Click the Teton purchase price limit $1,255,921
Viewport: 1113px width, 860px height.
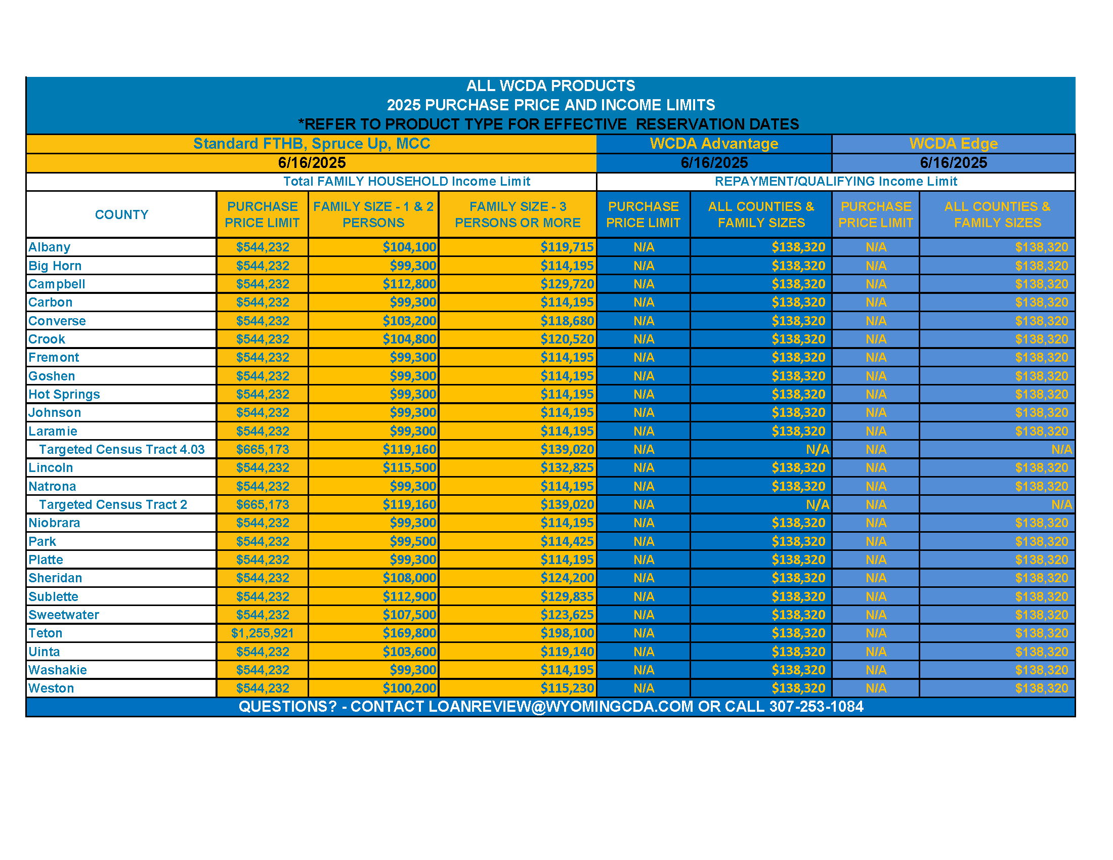[262, 633]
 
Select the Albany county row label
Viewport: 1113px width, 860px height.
[50, 247]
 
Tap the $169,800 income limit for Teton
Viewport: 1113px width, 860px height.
[409, 633]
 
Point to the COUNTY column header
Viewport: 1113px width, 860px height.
[121, 214]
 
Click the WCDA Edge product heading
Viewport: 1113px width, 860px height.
[953, 144]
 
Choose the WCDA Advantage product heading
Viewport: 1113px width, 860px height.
[713, 144]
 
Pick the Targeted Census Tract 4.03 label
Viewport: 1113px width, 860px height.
[122, 449]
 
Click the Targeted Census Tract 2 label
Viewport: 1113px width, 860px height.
[113, 504]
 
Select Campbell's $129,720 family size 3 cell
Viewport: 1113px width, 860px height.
[567, 284]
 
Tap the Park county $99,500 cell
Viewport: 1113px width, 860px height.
[413, 541]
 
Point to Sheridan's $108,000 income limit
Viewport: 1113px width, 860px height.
[409, 578]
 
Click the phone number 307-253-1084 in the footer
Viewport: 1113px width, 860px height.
[816, 707]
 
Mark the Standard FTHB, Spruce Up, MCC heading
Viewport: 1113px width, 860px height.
[311, 144]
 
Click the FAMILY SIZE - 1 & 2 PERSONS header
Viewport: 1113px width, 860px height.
[373, 214]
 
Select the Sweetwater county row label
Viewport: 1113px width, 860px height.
[64, 615]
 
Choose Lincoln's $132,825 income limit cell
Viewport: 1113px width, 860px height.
[567, 468]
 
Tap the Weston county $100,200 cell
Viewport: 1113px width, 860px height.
[409, 689]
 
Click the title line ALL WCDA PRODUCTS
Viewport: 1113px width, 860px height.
[550, 85]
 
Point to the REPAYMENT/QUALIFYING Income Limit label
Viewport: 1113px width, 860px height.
[835, 182]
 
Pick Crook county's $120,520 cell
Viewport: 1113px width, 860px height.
[567, 339]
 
